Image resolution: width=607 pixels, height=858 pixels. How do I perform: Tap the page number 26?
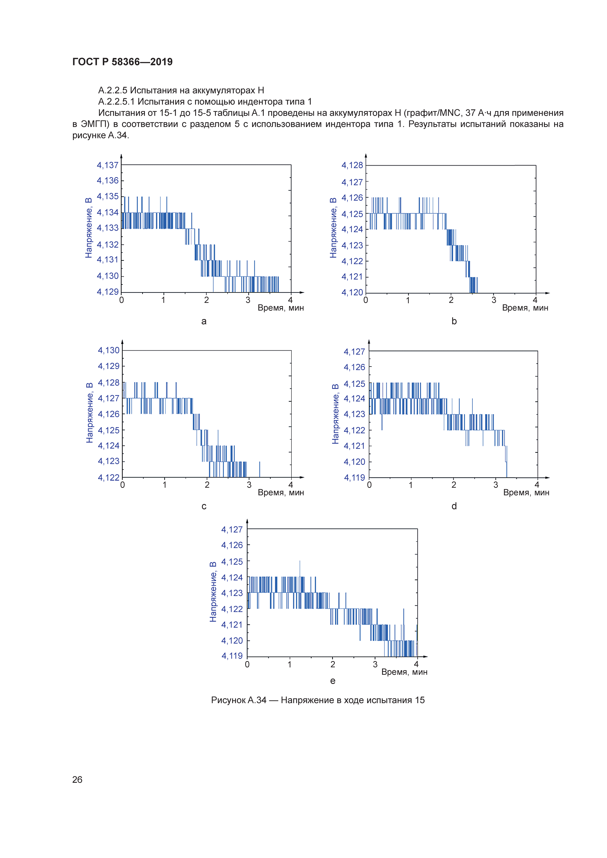[x=77, y=779]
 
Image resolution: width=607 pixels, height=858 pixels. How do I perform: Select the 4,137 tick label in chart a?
[x=108, y=165]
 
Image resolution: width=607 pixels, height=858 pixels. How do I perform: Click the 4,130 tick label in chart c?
[x=109, y=350]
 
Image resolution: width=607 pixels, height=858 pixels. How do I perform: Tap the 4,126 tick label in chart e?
[x=232, y=545]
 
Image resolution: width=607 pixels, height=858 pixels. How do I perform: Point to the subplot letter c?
[x=204, y=506]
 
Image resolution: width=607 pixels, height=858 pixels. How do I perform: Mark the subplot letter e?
[x=333, y=681]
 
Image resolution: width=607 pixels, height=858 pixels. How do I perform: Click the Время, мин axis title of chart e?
[x=404, y=672]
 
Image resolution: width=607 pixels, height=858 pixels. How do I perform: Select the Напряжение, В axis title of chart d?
[x=335, y=414]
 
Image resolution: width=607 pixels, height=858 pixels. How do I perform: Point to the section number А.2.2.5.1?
[x=117, y=102]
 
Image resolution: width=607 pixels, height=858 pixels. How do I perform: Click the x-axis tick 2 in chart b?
[x=451, y=300]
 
